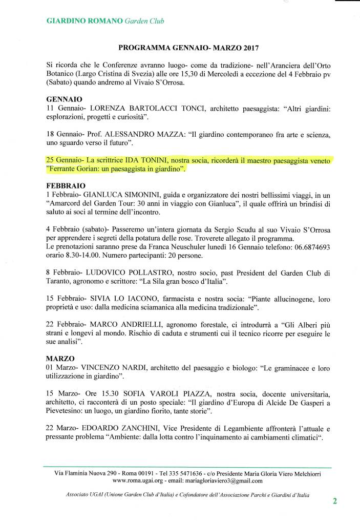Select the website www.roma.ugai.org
137,481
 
